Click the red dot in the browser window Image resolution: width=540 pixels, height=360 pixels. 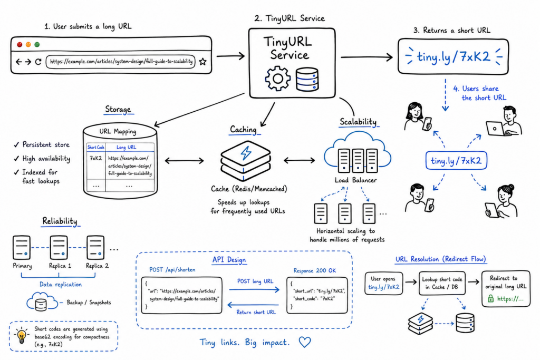(x=20, y=44)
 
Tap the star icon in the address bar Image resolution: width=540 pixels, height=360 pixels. (x=203, y=62)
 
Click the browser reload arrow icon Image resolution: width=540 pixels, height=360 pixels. (x=38, y=62)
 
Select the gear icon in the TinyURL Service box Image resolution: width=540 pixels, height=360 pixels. (x=277, y=79)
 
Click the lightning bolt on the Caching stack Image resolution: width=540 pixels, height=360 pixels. (x=246, y=153)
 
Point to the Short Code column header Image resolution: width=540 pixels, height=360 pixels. (x=96, y=147)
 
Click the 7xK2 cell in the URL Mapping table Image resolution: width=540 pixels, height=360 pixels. (x=96, y=158)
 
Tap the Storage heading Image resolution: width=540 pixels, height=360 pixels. (x=118, y=110)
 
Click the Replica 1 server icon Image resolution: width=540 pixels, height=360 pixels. (x=59, y=247)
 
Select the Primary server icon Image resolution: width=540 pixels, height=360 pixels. (x=21, y=247)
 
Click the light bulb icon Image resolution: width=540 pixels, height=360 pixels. (x=22, y=336)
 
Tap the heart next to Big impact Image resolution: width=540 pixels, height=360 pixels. (x=305, y=342)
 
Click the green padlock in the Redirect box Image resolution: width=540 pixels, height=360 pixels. (x=491, y=298)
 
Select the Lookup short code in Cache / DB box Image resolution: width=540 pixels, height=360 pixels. (x=442, y=283)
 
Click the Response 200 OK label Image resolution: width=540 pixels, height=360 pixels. (x=314, y=270)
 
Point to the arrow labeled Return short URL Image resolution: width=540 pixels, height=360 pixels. (x=253, y=305)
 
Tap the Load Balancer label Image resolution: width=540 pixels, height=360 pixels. (x=355, y=180)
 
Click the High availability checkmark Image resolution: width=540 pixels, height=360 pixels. (x=16, y=159)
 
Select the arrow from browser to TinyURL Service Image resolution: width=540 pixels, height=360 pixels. (x=230, y=56)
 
